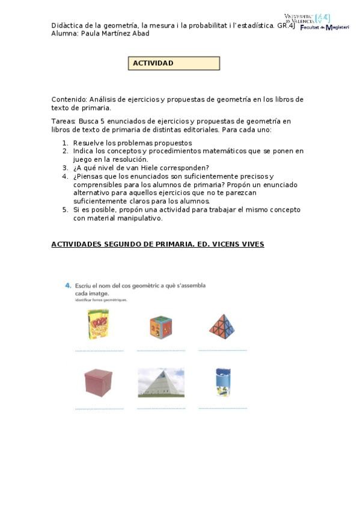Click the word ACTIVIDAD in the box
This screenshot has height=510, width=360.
[153, 63]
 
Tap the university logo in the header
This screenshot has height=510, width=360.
[316, 23]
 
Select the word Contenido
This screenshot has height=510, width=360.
[69, 99]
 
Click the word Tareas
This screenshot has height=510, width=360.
[63, 121]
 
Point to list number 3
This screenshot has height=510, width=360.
[65, 168]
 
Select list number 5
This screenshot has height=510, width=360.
[65, 210]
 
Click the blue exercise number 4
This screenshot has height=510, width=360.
[68, 286]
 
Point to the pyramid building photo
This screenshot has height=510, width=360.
[160, 382]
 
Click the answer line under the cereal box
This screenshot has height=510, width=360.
[99, 351]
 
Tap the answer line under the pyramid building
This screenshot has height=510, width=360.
[161, 408]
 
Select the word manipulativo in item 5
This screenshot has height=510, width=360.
[140, 218]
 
